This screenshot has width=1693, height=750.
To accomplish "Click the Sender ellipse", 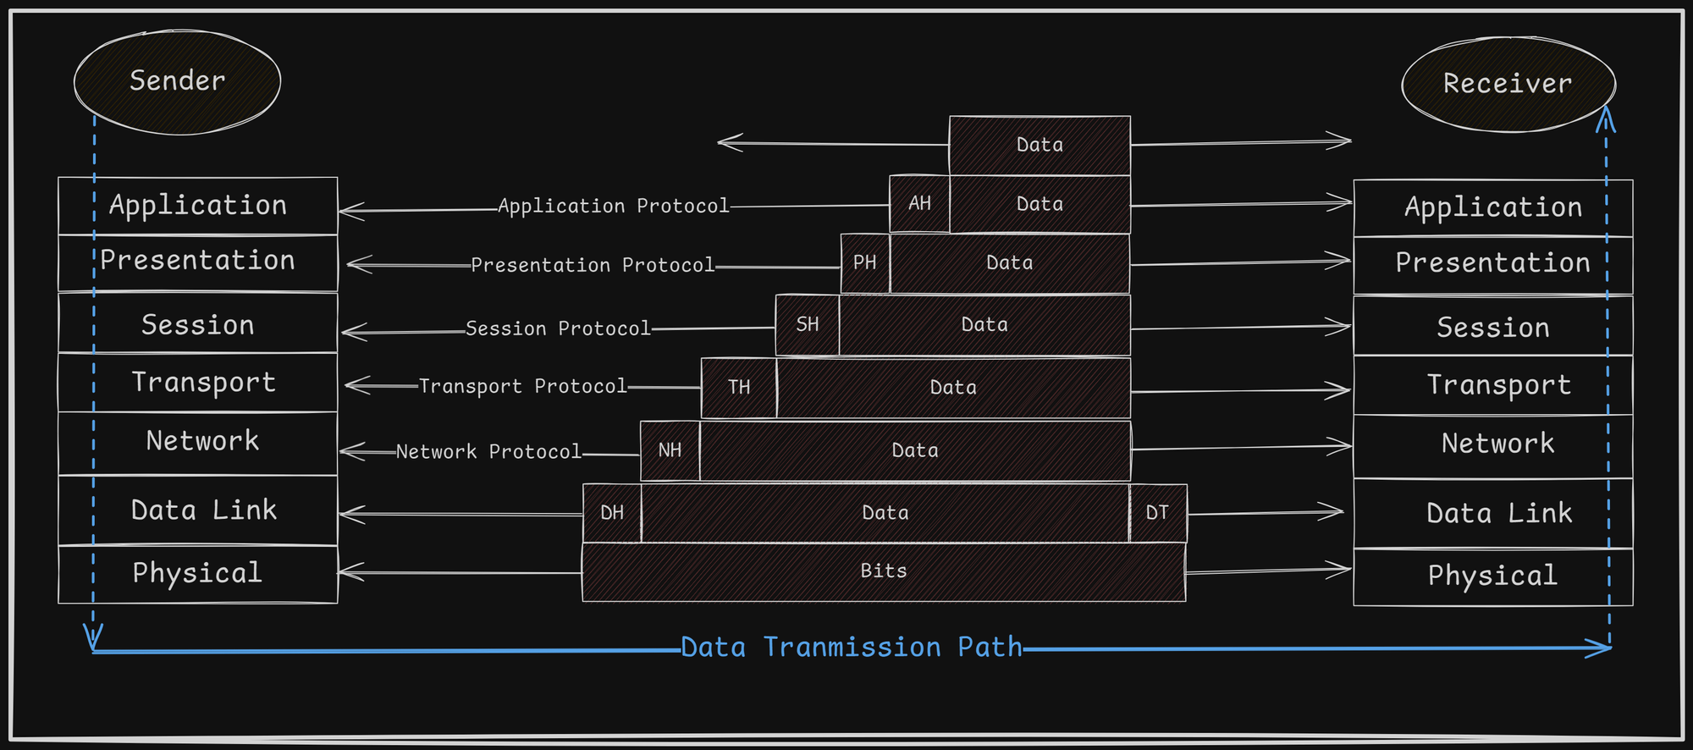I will (x=177, y=81).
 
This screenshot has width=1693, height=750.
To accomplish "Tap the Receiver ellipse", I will (x=1508, y=84).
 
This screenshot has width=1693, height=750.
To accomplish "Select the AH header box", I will (x=919, y=204).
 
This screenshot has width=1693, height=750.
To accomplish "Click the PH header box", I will (x=865, y=263).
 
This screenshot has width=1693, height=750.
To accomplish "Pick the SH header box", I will (x=808, y=325).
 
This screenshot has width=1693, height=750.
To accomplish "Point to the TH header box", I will (x=739, y=388).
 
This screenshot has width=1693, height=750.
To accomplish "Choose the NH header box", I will (x=670, y=450).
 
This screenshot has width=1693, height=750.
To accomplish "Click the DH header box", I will (x=612, y=513).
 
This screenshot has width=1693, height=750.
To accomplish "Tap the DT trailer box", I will (x=1158, y=513).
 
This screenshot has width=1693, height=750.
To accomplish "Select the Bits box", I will (x=884, y=571).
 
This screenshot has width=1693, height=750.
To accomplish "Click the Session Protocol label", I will (x=558, y=328).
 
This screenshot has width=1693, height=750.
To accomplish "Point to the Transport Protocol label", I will (x=523, y=386).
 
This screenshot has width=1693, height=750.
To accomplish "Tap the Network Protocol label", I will (x=488, y=452).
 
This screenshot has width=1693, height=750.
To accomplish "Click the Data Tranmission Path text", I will (x=852, y=648).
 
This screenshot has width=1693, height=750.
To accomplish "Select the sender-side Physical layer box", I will (x=197, y=574).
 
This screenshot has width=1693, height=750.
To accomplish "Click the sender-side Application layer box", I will (x=197, y=206).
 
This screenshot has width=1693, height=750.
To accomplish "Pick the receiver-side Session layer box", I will (x=1492, y=327).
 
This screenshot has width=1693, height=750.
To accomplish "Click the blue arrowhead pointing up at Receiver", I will (x=1605, y=119).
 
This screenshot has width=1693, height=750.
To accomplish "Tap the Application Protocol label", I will (x=613, y=207).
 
